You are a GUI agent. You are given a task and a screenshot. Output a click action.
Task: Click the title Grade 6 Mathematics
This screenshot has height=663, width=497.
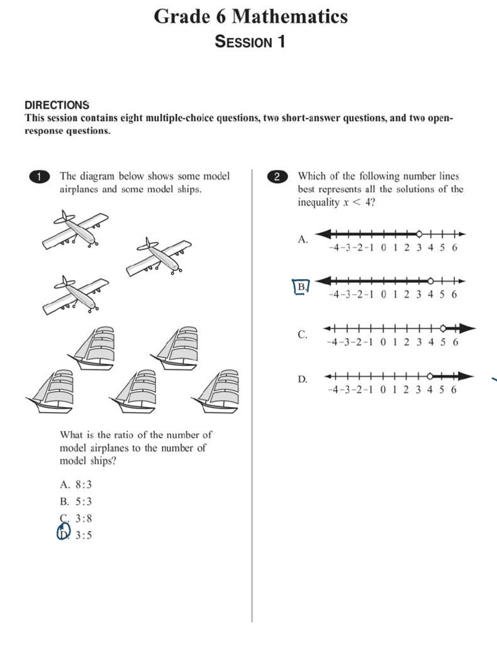[x=250, y=16]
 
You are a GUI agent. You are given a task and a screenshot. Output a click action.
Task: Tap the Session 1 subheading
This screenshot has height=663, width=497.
[x=250, y=42]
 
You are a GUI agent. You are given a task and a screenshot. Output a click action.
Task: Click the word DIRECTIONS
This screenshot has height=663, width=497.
[x=57, y=105]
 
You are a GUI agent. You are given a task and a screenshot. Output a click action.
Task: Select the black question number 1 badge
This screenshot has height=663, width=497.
[x=39, y=177]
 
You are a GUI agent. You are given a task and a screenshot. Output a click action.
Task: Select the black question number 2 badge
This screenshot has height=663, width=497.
[x=277, y=177]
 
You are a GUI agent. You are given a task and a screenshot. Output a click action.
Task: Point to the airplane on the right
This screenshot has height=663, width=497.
[x=159, y=257]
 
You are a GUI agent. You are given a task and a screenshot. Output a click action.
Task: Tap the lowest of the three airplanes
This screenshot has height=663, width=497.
[x=75, y=295]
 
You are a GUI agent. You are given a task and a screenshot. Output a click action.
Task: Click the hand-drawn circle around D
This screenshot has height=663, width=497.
[x=63, y=532]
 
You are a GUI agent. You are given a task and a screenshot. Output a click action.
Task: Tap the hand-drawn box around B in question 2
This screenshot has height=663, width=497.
[x=301, y=286]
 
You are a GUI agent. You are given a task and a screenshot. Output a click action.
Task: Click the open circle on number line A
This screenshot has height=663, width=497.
[x=419, y=234]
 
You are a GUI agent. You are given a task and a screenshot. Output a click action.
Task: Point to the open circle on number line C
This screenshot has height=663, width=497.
[x=443, y=328]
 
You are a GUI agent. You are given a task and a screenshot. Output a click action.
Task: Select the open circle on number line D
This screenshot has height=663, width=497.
[x=431, y=376]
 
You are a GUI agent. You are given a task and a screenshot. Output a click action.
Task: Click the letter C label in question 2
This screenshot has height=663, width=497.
[x=302, y=335]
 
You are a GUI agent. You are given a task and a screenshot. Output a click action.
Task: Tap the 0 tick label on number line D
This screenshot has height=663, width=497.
[x=383, y=390]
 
